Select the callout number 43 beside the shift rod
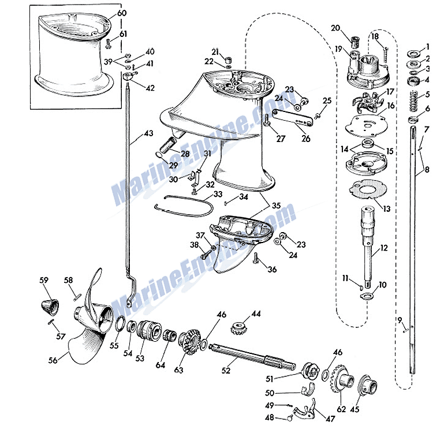tap(148, 133)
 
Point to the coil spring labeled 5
tap(413, 101)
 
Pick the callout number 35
tap(277, 206)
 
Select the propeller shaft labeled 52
tap(252, 356)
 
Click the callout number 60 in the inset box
tap(122, 13)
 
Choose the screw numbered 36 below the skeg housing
tap(256, 258)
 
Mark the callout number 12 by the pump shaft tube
tap(384, 248)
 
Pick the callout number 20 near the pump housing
tap(335, 28)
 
